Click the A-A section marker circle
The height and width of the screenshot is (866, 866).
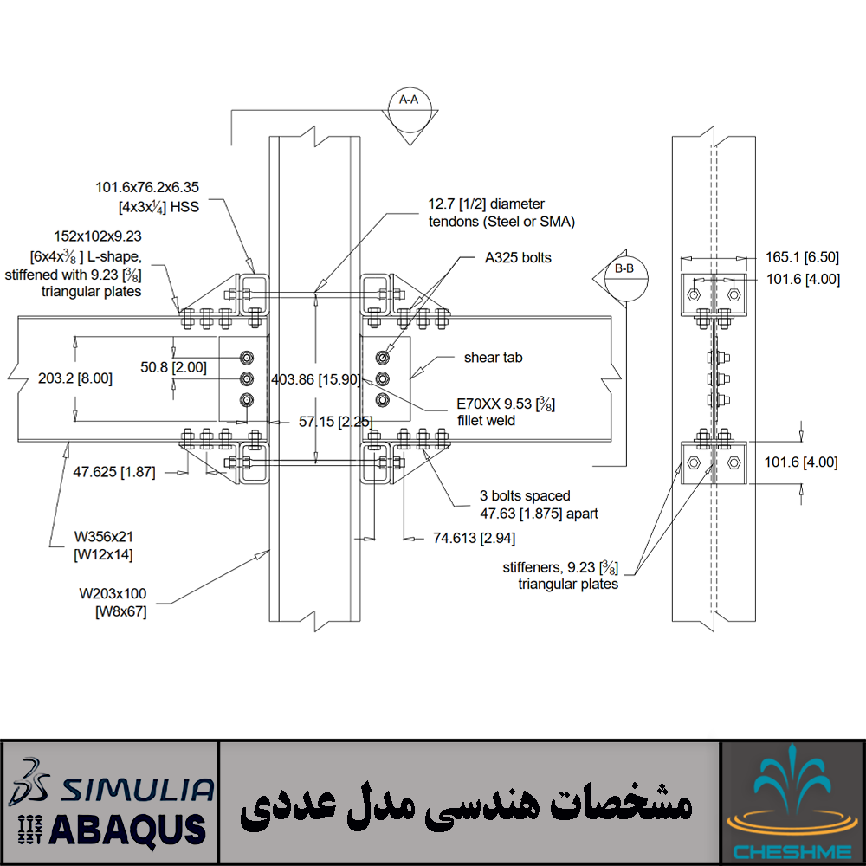[x=409, y=108]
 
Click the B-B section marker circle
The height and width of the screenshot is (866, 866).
[x=624, y=277]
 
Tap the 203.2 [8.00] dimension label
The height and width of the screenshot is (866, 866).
[x=75, y=378]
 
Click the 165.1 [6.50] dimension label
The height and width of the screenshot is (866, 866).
[x=802, y=257]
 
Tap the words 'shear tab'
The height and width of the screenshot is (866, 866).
[x=493, y=357]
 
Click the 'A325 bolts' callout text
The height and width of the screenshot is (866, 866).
[x=518, y=257]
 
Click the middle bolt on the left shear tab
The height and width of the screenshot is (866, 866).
[x=247, y=378]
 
